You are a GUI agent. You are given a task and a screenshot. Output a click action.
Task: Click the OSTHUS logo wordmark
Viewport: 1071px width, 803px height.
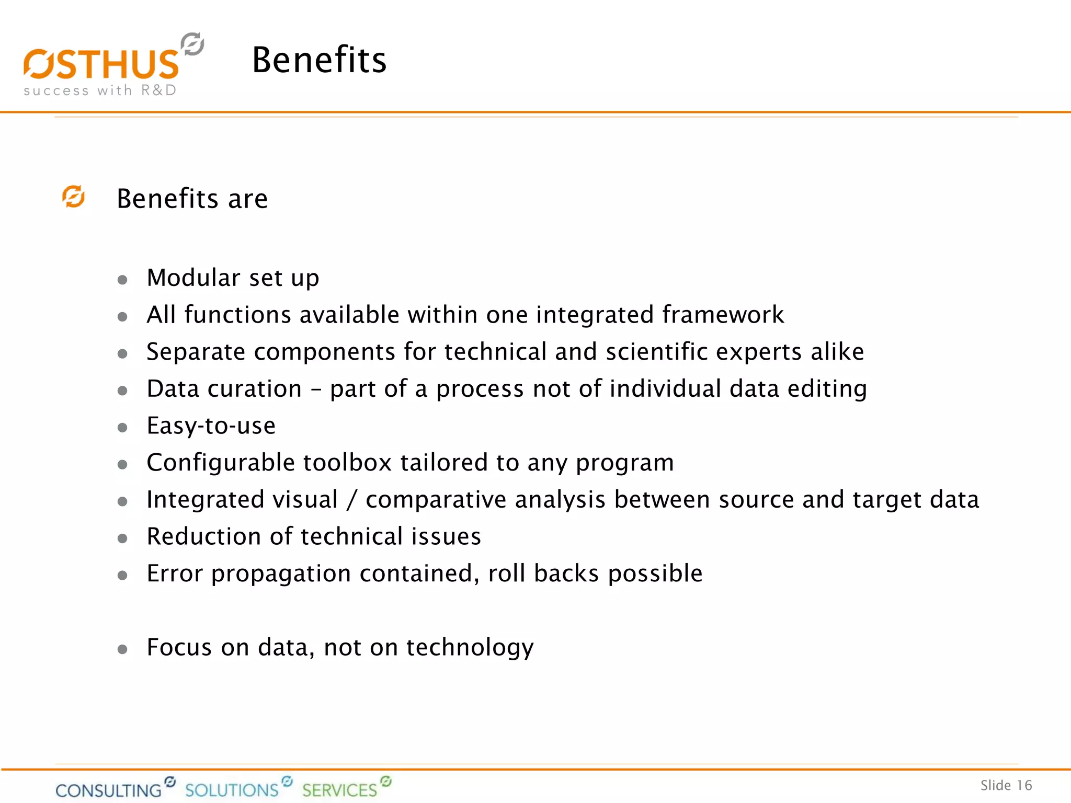(101, 64)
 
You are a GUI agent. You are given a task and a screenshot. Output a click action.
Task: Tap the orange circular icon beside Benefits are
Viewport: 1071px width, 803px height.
(74, 197)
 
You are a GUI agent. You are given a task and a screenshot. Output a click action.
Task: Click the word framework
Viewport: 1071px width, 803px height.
(723, 315)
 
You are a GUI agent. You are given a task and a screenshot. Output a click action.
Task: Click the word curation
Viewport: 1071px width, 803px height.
(254, 389)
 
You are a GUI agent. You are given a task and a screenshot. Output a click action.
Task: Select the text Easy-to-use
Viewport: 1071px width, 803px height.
(211, 426)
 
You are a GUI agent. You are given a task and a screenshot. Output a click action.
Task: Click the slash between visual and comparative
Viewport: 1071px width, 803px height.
(352, 500)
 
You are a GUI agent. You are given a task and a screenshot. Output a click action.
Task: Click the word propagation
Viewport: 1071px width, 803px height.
(281, 574)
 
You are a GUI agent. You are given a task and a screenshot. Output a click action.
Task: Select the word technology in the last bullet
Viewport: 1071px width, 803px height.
(470, 648)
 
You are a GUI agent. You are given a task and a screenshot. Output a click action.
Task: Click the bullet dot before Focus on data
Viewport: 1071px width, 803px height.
(122, 649)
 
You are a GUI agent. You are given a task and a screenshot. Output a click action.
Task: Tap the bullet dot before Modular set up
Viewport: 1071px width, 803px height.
(122, 280)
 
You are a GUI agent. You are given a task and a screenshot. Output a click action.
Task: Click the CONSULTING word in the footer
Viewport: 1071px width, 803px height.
(109, 790)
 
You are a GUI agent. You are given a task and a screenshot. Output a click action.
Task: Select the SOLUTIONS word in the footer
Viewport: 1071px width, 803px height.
(232, 789)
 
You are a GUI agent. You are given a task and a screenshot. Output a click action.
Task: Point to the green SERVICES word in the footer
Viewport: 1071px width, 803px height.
(339, 789)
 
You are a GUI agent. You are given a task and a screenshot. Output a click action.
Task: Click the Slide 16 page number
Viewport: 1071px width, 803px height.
(1006, 785)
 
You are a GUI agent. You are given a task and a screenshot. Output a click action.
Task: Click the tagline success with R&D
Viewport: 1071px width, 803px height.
(100, 90)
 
